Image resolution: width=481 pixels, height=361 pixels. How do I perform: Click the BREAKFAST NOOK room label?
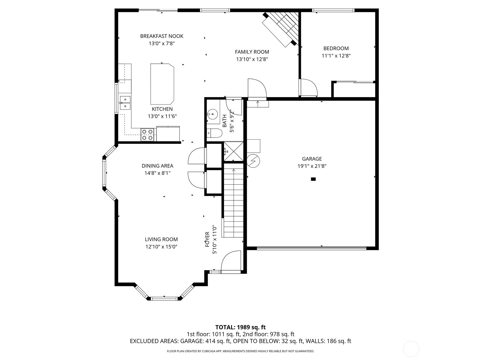pos(161,36)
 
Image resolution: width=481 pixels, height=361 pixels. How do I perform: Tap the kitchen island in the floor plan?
pos(162,83)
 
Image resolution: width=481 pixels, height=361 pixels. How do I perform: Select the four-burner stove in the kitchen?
pos(148,134)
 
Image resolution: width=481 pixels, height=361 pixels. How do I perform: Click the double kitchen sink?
pos(125,103)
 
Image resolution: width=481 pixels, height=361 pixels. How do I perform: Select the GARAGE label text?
pos(312,159)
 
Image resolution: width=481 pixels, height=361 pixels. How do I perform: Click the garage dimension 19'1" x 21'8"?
pos(312,166)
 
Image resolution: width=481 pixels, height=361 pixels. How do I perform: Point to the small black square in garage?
pos(313,179)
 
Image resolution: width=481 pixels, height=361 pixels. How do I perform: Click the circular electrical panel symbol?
pos(253,161)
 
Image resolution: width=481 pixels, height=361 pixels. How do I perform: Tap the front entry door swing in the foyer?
pos(231,262)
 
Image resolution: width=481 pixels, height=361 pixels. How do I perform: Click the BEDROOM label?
pos(336,48)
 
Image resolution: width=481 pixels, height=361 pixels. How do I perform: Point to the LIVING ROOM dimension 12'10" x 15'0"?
pos(161,247)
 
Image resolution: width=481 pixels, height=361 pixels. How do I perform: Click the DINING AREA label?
pos(157,166)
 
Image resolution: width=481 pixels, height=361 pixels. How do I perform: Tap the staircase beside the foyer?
pos(233,202)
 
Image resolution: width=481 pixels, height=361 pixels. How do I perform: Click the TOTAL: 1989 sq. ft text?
pos(240,327)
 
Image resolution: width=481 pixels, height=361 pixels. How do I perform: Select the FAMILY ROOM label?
pos(252,52)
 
